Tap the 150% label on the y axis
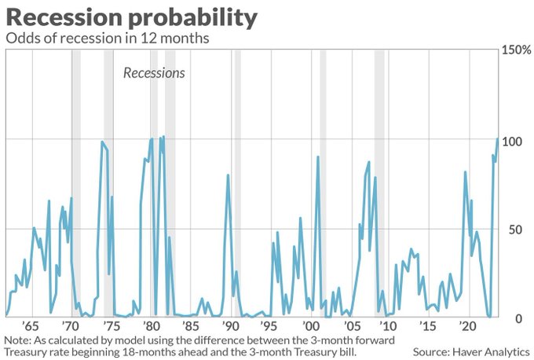point(515,50)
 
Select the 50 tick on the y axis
point(512,229)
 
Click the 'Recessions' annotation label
point(154,73)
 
